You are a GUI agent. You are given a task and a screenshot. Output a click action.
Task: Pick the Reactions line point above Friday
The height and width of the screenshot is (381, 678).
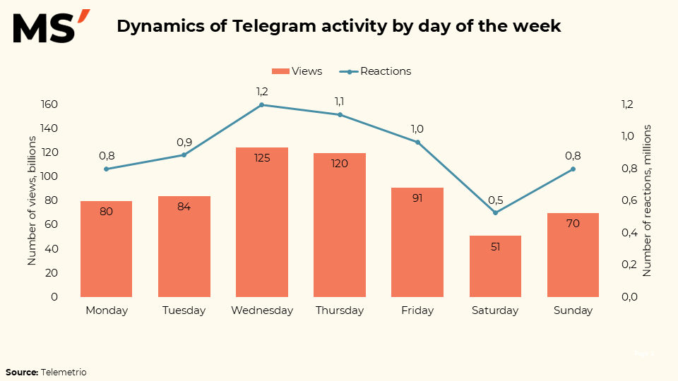(417, 143)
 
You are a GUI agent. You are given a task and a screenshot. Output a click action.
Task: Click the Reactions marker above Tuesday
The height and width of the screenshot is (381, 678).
(184, 155)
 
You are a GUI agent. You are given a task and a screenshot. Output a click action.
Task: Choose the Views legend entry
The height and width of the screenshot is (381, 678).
(297, 71)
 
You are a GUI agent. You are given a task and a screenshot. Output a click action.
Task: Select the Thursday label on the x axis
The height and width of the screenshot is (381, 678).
(340, 310)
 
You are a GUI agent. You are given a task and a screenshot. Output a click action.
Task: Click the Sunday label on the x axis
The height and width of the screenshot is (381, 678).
(573, 310)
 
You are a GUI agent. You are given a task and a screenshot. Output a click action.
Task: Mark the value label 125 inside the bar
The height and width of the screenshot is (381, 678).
(262, 158)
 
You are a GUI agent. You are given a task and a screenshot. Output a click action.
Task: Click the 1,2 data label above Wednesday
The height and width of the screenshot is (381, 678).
(262, 91)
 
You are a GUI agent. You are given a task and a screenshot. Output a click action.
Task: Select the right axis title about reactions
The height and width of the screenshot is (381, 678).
(647, 200)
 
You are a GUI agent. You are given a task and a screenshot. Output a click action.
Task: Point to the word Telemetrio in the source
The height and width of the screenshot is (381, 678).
(64, 372)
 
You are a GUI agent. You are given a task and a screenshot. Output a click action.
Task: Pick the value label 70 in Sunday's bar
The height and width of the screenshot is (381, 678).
(573, 224)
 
